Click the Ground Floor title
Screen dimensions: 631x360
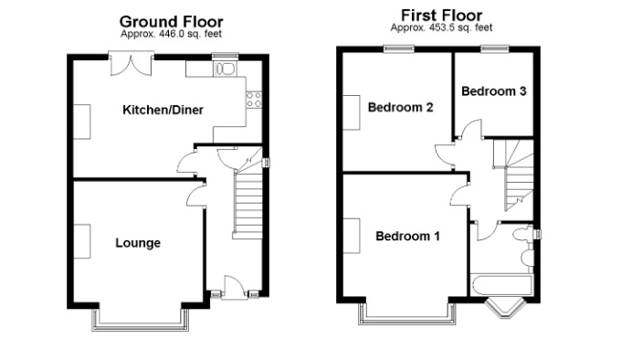(x=171, y=21)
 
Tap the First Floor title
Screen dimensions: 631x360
(x=441, y=16)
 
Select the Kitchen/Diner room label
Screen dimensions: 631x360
(x=163, y=110)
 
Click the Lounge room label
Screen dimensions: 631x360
(x=138, y=243)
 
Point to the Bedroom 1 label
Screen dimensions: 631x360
(x=407, y=236)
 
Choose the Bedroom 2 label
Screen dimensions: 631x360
(x=400, y=107)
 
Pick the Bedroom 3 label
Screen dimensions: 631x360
(x=494, y=91)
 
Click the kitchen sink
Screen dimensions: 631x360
(x=226, y=69)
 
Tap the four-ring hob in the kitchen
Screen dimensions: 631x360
(x=254, y=100)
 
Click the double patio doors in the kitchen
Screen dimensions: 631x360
(x=131, y=64)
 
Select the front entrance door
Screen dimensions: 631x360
(x=234, y=288)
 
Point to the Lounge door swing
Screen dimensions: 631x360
(x=196, y=196)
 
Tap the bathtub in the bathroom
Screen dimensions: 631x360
(x=501, y=286)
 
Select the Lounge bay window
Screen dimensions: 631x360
(x=140, y=320)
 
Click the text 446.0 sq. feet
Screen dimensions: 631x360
(x=190, y=34)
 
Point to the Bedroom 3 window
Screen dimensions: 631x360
(x=495, y=48)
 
